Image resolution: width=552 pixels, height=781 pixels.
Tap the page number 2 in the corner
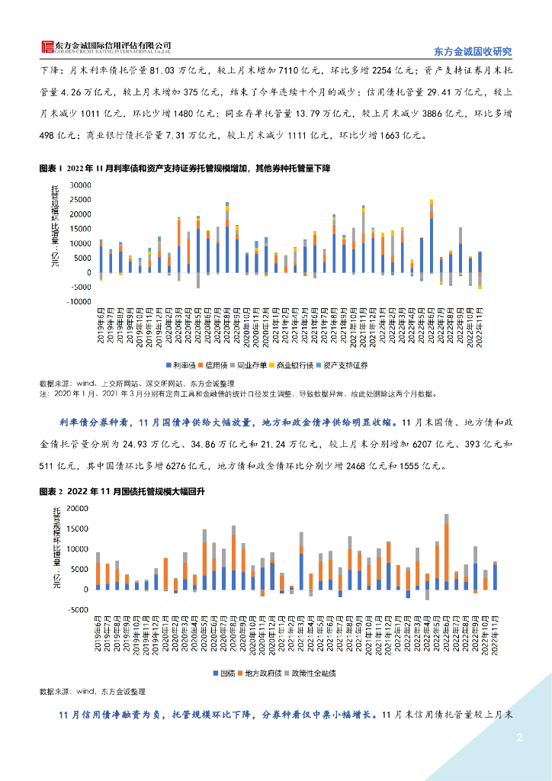(x=519, y=738)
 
